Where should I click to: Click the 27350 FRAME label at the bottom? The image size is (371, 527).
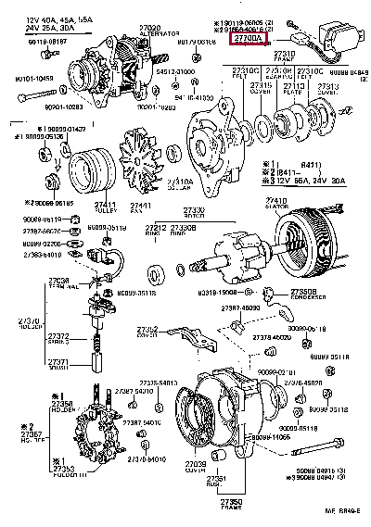tap(231, 503)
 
